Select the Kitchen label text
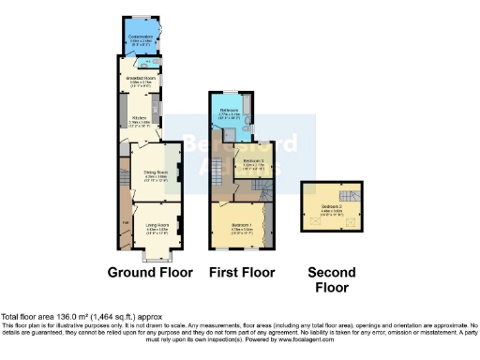pyautogui.click(x=139, y=118)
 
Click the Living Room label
pyautogui.click(x=156, y=225)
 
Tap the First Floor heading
pyautogui.click(x=242, y=273)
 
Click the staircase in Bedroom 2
pyautogui.click(x=349, y=196)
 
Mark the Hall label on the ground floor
pyautogui.click(x=125, y=221)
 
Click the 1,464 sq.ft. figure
pyautogui.click(x=118, y=316)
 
